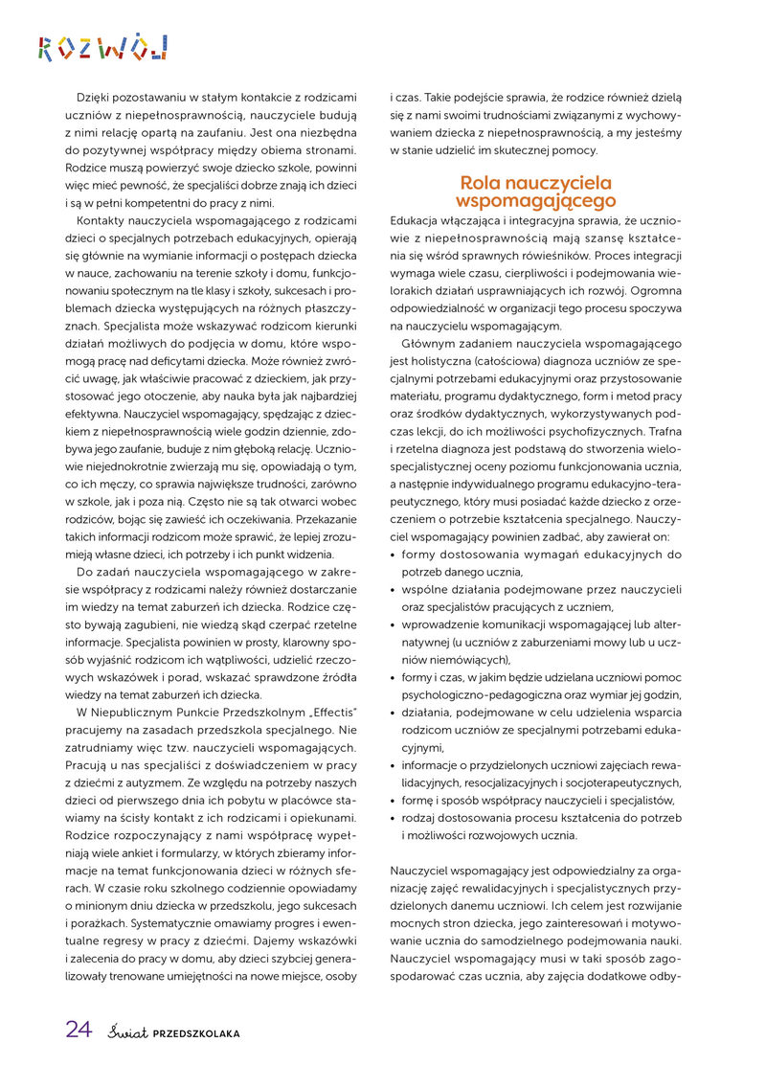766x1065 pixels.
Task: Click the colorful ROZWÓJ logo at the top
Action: coord(102,46)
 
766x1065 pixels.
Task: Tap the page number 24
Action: coord(79,1030)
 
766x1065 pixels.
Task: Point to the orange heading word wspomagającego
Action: coord(535,201)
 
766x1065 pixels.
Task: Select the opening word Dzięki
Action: coord(96,96)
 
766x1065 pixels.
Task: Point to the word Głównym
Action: coord(429,343)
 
